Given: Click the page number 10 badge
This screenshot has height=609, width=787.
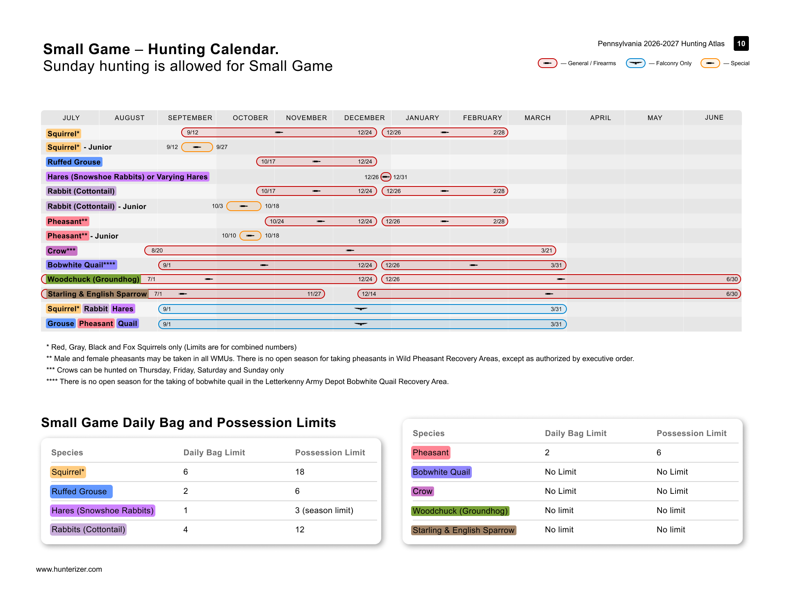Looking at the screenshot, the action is [x=741, y=43].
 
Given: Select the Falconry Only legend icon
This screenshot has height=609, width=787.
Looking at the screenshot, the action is [x=636, y=63].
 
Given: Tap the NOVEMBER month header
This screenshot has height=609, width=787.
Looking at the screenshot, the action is [x=306, y=118].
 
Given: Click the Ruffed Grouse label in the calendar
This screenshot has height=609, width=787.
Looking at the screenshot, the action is [x=74, y=162].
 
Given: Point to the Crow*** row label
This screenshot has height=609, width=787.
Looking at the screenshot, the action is [x=61, y=251].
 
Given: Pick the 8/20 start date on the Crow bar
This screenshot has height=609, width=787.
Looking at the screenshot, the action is [x=157, y=250].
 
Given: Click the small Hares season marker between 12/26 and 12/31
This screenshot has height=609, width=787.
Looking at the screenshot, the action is [x=386, y=177].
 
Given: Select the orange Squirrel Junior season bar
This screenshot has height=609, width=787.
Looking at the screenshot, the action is [x=197, y=147].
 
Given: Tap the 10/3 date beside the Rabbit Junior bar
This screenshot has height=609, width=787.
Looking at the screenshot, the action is [x=217, y=206].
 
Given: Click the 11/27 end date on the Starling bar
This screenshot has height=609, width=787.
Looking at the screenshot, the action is [x=314, y=294].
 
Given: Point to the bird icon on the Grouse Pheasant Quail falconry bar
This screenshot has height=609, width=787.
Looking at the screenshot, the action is [x=361, y=324].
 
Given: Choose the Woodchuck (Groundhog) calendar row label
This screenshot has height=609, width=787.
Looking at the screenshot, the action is [x=93, y=279].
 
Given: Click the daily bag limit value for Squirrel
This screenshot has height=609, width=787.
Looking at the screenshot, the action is [x=186, y=472].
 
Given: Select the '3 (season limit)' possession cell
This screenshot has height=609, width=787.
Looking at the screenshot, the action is [x=324, y=510].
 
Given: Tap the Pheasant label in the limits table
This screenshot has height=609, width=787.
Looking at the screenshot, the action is [x=430, y=452].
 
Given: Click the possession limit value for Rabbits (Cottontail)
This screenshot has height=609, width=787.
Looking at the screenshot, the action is [x=300, y=529].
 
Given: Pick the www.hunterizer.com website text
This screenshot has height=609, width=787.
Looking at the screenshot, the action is [x=69, y=569].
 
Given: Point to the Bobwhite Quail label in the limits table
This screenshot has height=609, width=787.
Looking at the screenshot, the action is [x=441, y=472].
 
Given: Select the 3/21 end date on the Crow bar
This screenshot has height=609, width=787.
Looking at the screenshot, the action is [x=546, y=250].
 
